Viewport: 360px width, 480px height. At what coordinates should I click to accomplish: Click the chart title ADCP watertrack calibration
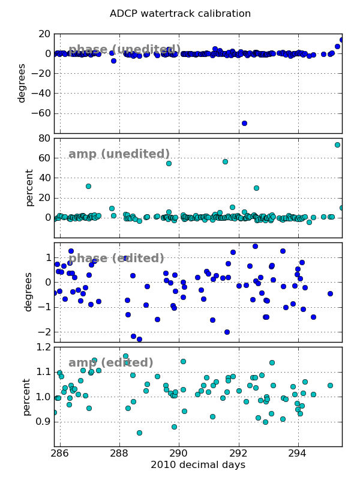tap(180, 14)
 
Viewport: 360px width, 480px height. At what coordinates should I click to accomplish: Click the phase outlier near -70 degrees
tap(244, 123)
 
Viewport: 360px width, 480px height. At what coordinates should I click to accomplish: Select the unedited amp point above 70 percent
tap(337, 145)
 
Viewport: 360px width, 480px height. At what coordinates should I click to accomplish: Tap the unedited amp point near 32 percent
tap(88, 186)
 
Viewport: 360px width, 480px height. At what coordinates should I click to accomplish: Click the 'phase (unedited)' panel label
tap(124, 50)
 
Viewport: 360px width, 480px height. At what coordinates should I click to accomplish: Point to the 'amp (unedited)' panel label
tap(119, 154)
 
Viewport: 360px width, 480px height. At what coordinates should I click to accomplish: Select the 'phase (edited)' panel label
tap(116, 259)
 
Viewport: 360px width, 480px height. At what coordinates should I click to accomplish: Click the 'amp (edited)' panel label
tap(111, 363)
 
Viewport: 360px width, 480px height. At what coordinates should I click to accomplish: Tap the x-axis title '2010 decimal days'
tap(198, 465)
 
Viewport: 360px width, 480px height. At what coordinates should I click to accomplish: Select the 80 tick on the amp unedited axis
tap(43, 138)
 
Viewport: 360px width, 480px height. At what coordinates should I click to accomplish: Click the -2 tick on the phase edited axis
tap(43, 332)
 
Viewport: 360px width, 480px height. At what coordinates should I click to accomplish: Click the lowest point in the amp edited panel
tap(139, 433)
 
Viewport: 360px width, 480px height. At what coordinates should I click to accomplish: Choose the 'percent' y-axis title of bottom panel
tap(26, 397)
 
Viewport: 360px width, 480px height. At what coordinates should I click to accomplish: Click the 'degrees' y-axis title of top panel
tap(22, 83)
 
